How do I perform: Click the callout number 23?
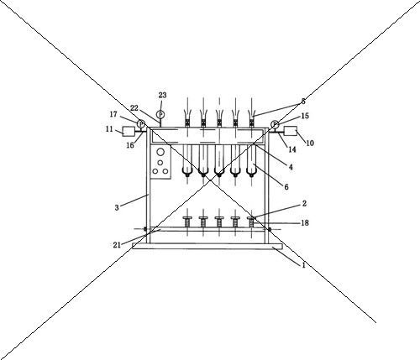point(162,95)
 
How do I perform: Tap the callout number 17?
point(113,114)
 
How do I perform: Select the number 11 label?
point(109,129)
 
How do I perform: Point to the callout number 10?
point(310,143)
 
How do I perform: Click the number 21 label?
point(117,245)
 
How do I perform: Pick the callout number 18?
point(305,223)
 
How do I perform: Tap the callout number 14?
point(292,149)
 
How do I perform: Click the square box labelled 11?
point(129,131)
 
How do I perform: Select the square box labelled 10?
point(291,131)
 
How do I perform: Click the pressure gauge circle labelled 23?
point(160,114)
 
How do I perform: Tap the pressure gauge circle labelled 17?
point(141,123)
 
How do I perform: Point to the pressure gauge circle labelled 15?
point(275,124)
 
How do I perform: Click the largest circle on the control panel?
point(160,152)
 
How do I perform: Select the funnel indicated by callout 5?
point(251,115)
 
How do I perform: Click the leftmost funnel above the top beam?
point(187,115)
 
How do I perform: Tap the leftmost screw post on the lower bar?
point(187,222)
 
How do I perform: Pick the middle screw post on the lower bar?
point(219,222)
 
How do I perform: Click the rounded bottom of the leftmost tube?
point(187,171)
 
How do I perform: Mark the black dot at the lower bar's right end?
point(270,229)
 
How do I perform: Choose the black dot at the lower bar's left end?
point(145,229)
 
